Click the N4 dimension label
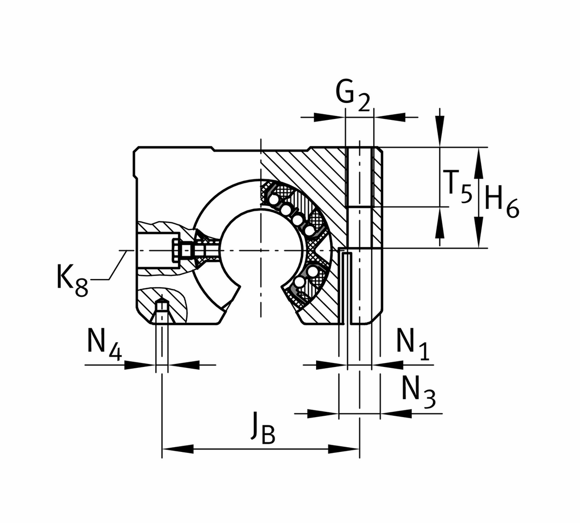104,345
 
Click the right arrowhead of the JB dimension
344,449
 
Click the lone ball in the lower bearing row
300,282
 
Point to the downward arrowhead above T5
439,132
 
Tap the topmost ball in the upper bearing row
274,200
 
